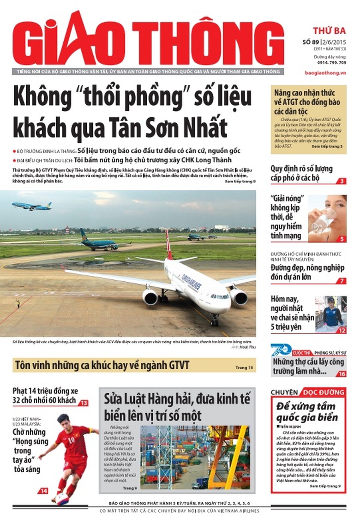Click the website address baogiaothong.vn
[325, 73]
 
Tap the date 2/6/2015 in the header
[334, 43]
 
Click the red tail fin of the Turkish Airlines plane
[168, 244]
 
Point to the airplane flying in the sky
[31, 206]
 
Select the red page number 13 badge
[84, 403]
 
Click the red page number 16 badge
[341, 374]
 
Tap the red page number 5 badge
[342, 239]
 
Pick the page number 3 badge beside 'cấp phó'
[342, 181]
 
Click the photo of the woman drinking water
[327, 218]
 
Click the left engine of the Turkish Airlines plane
[150, 297]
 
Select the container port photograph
[195, 457]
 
